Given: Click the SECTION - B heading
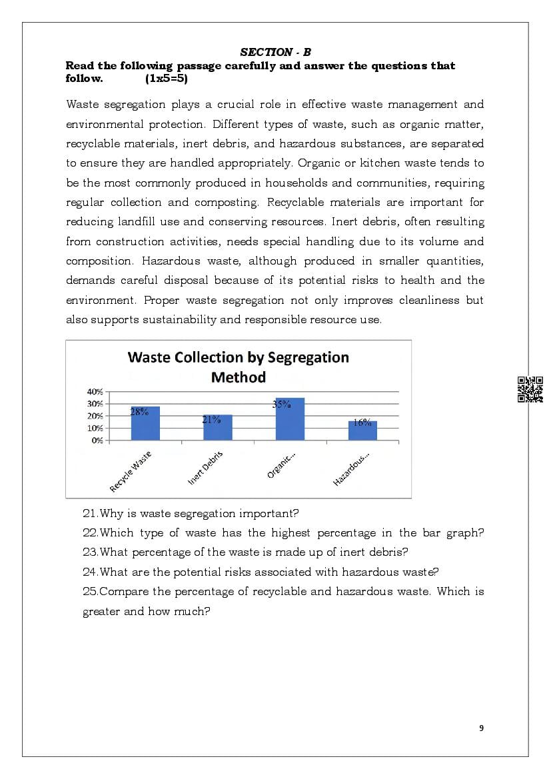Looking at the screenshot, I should (275, 52).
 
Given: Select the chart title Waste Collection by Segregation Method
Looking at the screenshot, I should (238, 367).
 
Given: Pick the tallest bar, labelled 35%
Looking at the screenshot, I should (290, 419).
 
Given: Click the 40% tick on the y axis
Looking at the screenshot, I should (95, 391).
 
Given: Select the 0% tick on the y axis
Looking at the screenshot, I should (97, 440).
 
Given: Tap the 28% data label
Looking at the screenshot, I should (139, 412).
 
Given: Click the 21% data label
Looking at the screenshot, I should (211, 419).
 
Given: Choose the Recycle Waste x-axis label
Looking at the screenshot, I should (131, 471).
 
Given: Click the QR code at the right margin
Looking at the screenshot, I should (530, 389).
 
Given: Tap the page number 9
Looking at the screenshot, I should (482, 728).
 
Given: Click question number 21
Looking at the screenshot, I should (91, 514).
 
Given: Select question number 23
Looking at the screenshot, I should (91, 552).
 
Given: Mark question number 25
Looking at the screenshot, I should (91, 592).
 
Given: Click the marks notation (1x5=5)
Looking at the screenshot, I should (166, 79).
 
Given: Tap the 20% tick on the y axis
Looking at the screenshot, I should (95, 416).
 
